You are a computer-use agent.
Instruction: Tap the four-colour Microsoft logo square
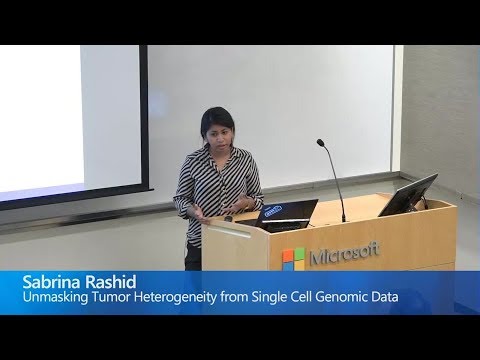[x=293, y=259]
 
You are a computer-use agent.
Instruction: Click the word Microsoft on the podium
[x=344, y=255]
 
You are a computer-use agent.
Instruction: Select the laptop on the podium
[x=285, y=213]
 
